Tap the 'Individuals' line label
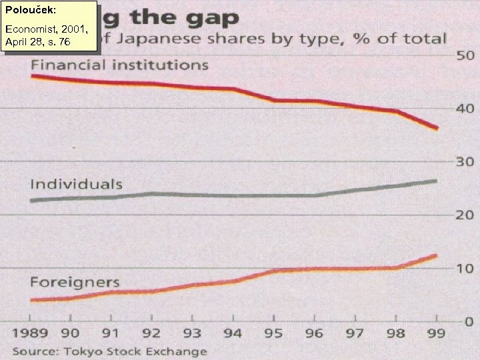tap(76, 183)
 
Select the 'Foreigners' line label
tap(75, 282)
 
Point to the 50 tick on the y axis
tap(465, 56)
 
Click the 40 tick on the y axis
tap(465, 109)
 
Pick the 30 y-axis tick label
tap(465, 162)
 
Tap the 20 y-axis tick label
tap(465, 215)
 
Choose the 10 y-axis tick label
tap(465, 268)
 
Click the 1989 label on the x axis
tap(31, 333)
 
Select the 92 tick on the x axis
tap(151, 333)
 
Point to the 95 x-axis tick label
tap(273, 333)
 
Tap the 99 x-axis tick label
tap(437, 333)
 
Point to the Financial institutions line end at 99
tap(437, 128)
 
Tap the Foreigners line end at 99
tap(437, 255)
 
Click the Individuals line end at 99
tap(437, 181)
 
